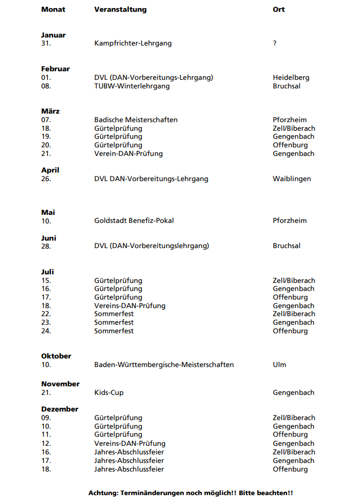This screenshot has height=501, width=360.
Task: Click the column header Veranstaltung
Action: click(120, 10)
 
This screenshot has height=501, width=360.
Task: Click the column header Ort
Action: click(279, 10)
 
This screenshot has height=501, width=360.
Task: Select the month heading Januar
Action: click(54, 35)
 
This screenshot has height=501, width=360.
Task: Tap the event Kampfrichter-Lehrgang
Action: click(133, 43)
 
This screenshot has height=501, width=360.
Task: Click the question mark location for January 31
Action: click(275, 43)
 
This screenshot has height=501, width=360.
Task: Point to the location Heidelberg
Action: click(291, 77)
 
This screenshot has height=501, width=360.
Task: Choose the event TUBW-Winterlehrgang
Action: click(132, 86)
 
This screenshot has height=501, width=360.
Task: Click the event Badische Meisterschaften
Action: click(136, 119)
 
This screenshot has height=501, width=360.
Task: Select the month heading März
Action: click(50, 111)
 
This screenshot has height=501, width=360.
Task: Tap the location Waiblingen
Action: click(291, 178)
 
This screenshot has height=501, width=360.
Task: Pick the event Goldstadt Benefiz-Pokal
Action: click(134, 220)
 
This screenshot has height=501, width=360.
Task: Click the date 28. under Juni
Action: click(46, 246)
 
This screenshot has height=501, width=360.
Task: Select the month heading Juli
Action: click(48, 272)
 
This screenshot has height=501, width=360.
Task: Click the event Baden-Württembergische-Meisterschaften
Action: click(164, 364)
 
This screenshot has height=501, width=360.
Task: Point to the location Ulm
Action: click(279, 364)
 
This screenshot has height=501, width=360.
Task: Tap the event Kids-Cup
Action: click(109, 393)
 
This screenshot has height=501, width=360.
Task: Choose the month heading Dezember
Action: click(59, 409)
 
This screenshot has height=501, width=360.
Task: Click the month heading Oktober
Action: click(56, 356)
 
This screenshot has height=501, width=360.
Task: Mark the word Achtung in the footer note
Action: click(103, 492)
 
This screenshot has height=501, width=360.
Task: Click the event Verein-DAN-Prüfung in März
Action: click(128, 153)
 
